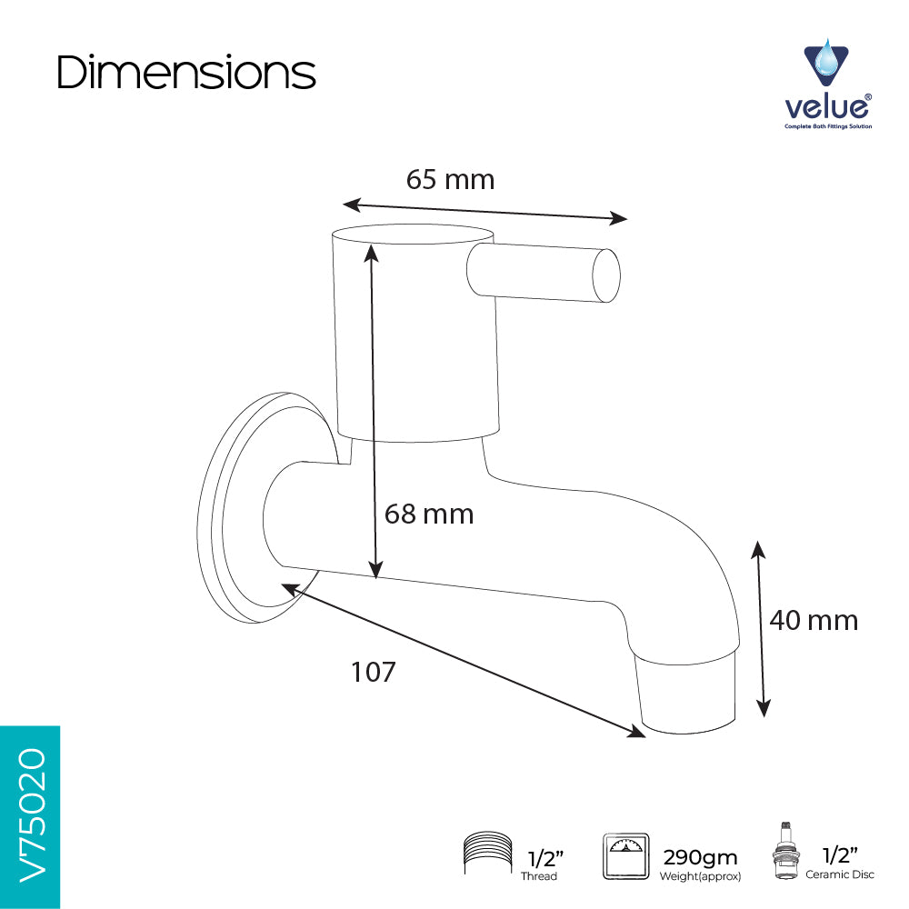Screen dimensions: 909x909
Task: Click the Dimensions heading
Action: click(186, 73)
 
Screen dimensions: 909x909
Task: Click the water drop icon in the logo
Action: click(825, 62)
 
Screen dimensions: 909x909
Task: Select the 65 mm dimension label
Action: click(451, 179)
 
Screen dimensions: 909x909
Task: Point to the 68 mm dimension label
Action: click(429, 514)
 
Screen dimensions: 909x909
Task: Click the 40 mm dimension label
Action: click(814, 620)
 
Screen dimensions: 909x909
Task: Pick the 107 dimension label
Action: click(374, 672)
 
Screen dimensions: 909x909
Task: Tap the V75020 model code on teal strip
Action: click(31, 815)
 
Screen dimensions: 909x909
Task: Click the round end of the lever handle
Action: click(605, 275)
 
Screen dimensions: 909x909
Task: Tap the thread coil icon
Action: click(487, 854)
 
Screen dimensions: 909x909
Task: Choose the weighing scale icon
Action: click(625, 856)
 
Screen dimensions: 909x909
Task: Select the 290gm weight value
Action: click(700, 857)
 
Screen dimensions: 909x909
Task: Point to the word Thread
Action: click(538, 876)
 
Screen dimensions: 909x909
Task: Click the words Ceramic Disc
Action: click(839, 874)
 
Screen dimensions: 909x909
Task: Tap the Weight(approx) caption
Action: click(700, 876)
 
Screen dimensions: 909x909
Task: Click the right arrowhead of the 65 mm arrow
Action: click(618, 218)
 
